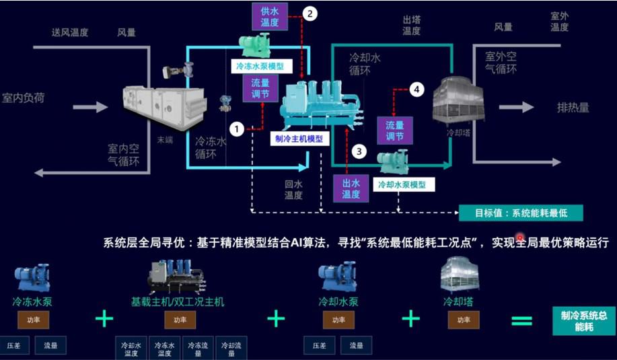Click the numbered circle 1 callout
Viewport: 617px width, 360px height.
coord(237,127)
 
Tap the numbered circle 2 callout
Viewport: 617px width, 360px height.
coord(310,13)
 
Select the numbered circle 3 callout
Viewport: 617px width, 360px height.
coord(360,151)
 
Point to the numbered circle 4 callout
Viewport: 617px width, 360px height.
coord(417,89)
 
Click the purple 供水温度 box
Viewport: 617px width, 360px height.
coord(270,17)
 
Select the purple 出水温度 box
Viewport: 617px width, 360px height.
coord(351,188)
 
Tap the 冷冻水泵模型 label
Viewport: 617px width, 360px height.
coord(260,67)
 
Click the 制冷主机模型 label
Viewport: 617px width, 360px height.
coord(299,139)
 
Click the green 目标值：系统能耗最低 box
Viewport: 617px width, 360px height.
coord(520,213)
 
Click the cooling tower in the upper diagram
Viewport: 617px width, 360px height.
coord(458,100)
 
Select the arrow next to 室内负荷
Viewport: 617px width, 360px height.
coord(90,107)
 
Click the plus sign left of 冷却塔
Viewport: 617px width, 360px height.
coord(410,318)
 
